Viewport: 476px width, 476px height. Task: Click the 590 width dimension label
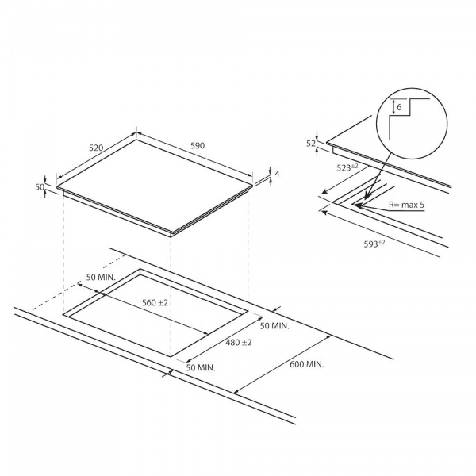tap(197, 145)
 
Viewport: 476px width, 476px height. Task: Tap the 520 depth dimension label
tap(97, 148)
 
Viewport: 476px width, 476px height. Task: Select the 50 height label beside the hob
tap(39, 186)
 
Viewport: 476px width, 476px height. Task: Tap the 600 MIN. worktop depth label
tap(305, 365)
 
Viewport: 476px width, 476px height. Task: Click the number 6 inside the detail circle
tap(400, 107)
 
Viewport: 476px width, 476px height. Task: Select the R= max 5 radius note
tap(407, 205)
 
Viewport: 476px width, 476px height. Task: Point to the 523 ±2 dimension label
tap(347, 167)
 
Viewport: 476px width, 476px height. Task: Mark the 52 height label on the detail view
tap(311, 143)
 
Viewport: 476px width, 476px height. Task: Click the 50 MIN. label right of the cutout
tap(274, 325)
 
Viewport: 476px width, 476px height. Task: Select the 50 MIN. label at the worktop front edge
tap(200, 367)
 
